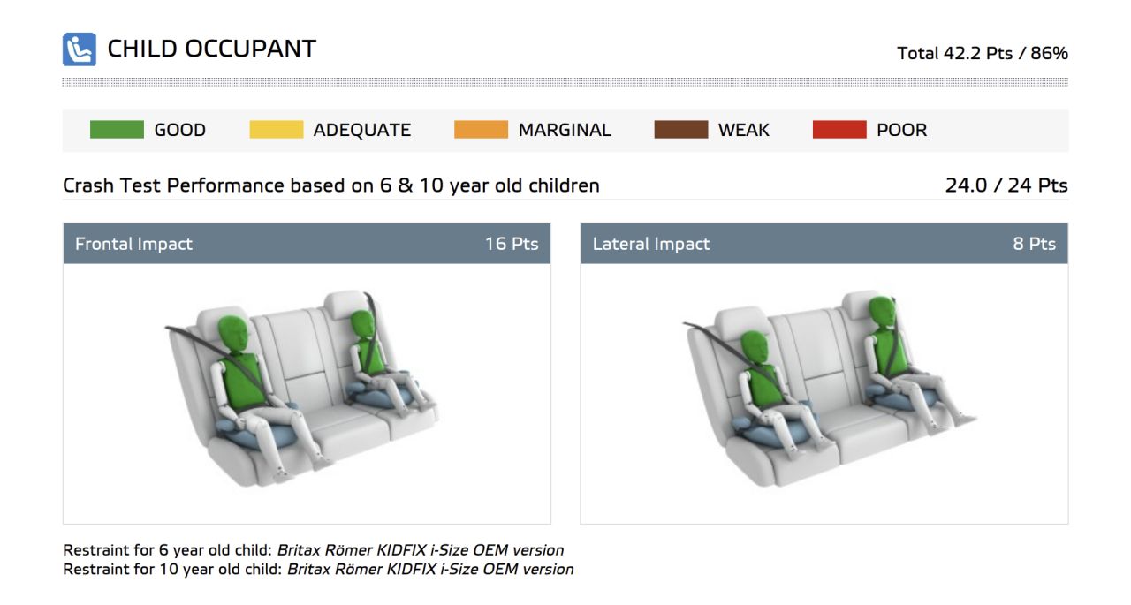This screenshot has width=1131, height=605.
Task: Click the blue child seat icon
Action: pyautogui.click(x=80, y=49)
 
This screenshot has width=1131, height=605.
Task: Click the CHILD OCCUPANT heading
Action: pyautogui.click(x=211, y=49)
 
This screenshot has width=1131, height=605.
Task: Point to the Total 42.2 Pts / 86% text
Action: pyautogui.click(x=982, y=53)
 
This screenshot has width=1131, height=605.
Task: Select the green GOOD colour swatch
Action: pyautogui.click(x=117, y=130)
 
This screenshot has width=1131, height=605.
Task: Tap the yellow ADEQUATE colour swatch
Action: pyautogui.click(x=277, y=130)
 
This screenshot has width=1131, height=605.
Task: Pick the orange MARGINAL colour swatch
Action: pyautogui.click(x=481, y=130)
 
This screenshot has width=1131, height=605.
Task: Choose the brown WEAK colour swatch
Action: pyautogui.click(x=680, y=130)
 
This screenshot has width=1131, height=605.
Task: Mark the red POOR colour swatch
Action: pyautogui.click(x=839, y=130)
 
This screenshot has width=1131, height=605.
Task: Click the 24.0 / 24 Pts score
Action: pyautogui.click(x=1006, y=185)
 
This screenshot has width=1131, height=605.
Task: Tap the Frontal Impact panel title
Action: pyautogui.click(x=133, y=244)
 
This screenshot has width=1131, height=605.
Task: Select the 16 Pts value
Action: pyautogui.click(x=512, y=244)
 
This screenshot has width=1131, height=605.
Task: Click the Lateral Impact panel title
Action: pyautogui.click(x=651, y=244)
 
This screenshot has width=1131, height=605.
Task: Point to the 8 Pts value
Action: pyautogui.click(x=1034, y=244)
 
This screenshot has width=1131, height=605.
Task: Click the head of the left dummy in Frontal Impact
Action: pyautogui.click(x=234, y=334)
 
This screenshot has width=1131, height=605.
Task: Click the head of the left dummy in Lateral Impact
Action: pyautogui.click(x=755, y=349)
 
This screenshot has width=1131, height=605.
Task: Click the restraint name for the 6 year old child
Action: pyautogui.click(x=420, y=550)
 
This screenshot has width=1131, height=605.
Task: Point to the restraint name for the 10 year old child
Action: pyautogui.click(x=430, y=569)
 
